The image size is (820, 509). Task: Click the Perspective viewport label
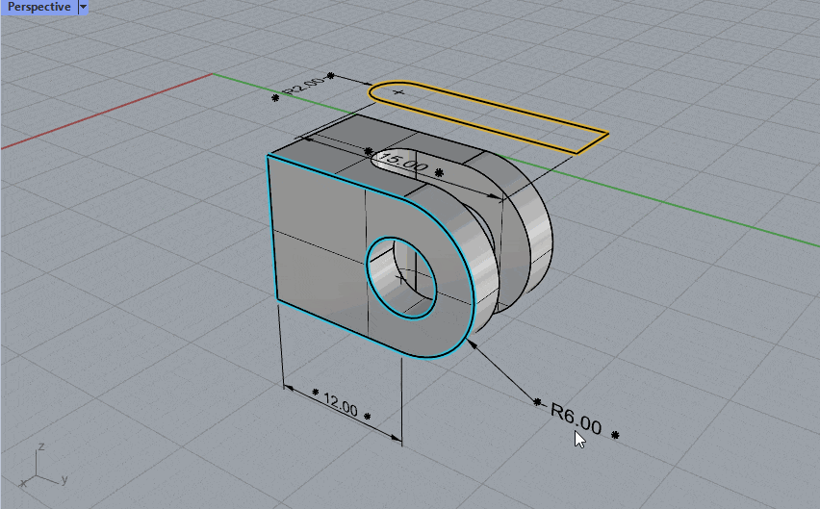39,7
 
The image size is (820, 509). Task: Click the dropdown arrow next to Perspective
83,8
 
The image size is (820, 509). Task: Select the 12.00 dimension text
341,405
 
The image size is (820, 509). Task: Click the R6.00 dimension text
577,419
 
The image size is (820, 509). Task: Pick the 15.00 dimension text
402,162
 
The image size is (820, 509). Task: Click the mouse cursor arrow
579,440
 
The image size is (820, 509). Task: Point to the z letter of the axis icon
40,446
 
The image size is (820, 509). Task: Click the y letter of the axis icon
64,478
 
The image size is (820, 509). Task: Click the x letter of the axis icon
22,483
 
